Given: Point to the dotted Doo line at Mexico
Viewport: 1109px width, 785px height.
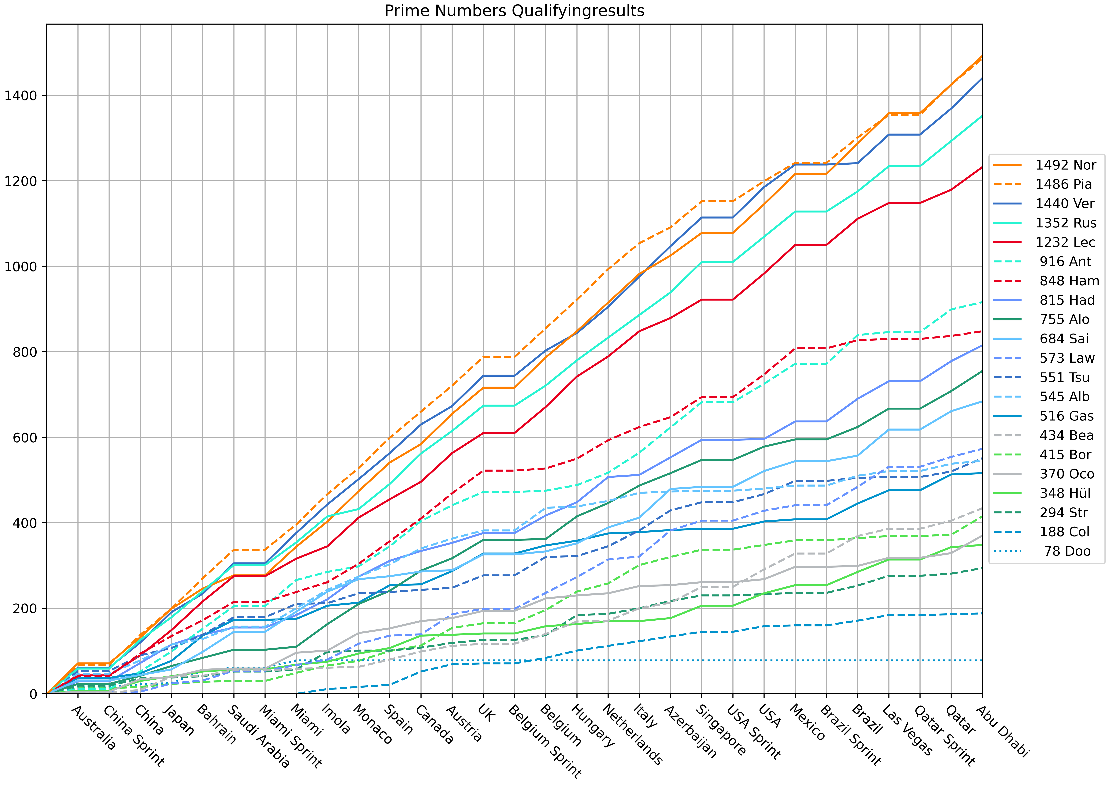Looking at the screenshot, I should [x=795, y=660].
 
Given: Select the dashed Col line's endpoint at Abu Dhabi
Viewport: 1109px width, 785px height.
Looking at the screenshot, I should [x=982, y=613].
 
